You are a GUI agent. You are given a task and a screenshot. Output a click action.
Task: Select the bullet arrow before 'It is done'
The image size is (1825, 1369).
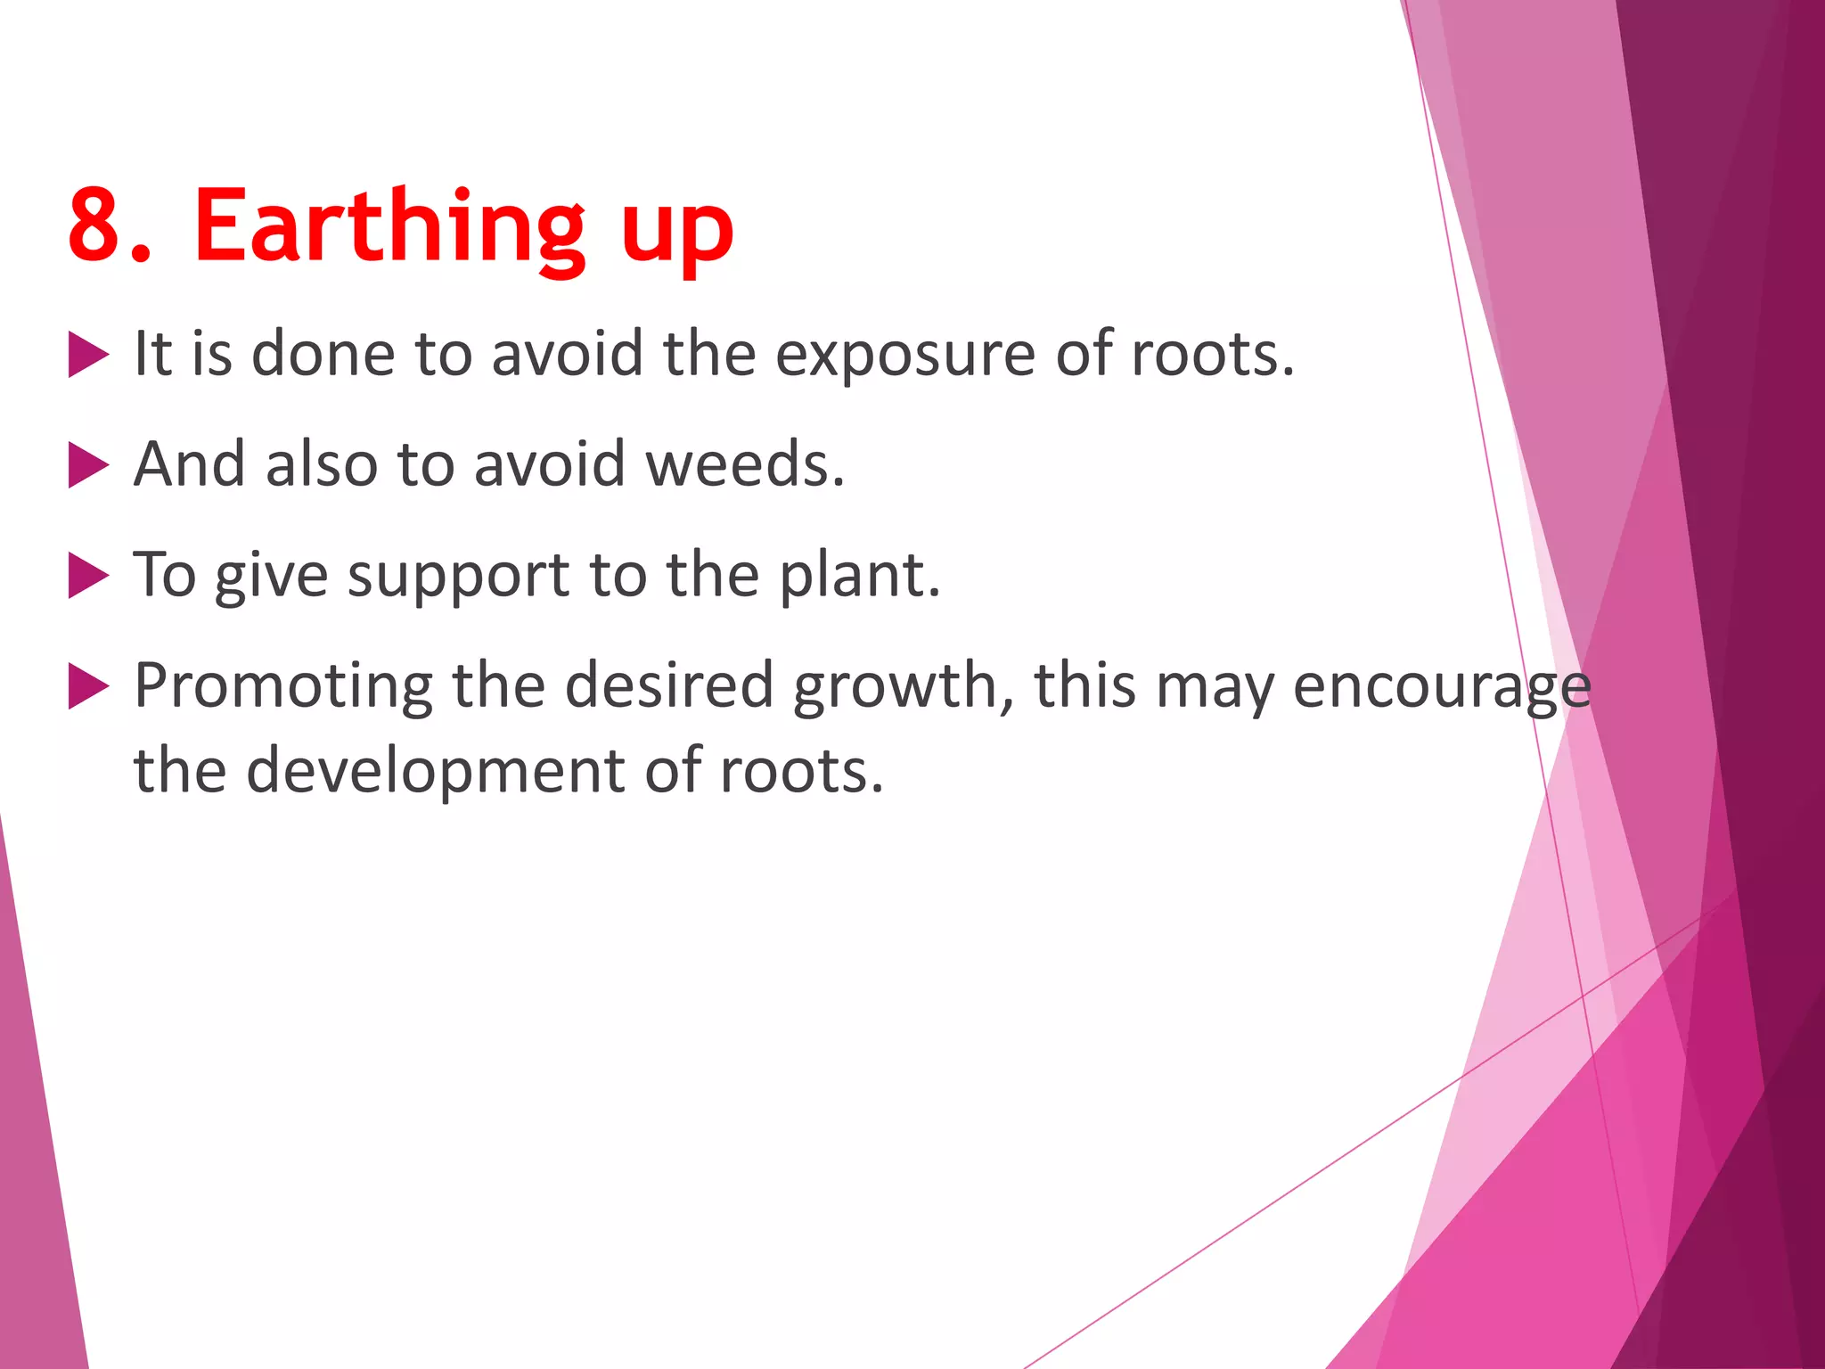point(87,356)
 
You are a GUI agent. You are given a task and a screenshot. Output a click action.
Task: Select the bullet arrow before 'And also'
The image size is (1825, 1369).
point(87,466)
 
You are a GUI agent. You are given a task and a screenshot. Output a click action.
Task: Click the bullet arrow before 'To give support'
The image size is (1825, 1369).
point(87,577)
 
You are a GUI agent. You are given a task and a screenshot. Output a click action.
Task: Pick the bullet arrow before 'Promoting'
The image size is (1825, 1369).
point(87,687)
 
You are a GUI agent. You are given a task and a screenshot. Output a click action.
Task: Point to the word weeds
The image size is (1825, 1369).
point(744,464)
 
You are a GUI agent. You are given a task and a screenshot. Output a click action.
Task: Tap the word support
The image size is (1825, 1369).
point(458,577)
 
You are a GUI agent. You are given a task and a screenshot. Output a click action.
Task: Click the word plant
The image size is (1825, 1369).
point(859,575)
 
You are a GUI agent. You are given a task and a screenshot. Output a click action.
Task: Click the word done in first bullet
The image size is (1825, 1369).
point(323,354)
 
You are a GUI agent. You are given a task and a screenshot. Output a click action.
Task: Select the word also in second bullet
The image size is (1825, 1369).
point(322,464)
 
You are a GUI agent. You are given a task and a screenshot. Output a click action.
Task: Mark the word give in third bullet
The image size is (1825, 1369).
point(271,577)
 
